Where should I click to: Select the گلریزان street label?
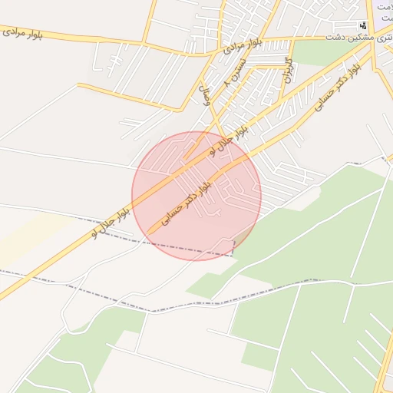(289, 69)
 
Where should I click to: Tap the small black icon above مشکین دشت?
(363, 25)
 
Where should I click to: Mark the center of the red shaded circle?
(196, 196)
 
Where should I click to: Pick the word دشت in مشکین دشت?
(335, 37)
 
